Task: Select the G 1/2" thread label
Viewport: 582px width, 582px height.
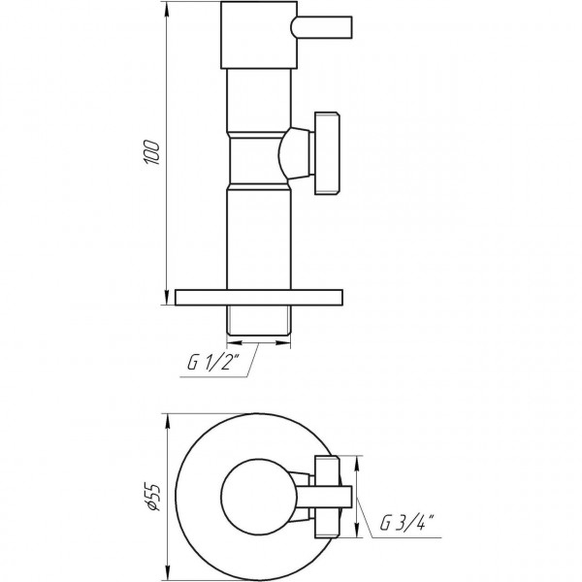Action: tap(220, 365)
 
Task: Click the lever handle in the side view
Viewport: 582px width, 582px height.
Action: tap(321, 23)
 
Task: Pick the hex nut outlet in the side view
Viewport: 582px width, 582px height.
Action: tap(325, 153)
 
